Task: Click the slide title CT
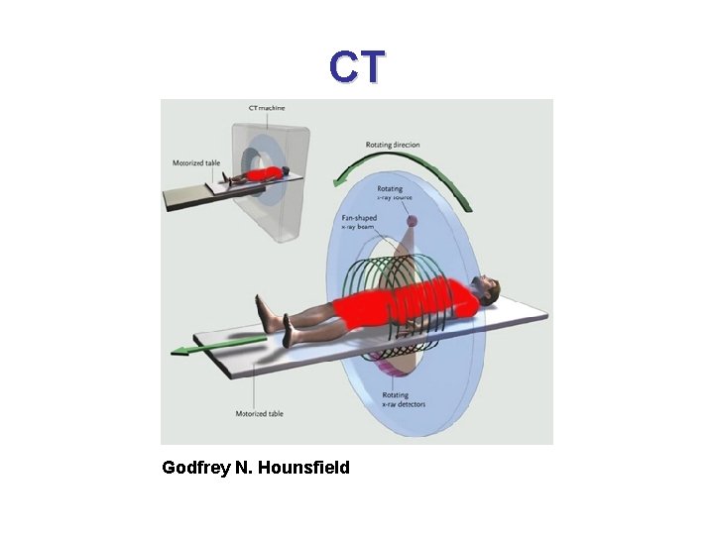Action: [x=357, y=67]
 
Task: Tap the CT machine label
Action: [x=269, y=107]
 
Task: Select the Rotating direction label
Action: [x=394, y=145]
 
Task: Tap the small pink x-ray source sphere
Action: [x=414, y=221]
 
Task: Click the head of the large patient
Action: [x=487, y=289]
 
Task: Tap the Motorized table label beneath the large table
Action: [x=258, y=413]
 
